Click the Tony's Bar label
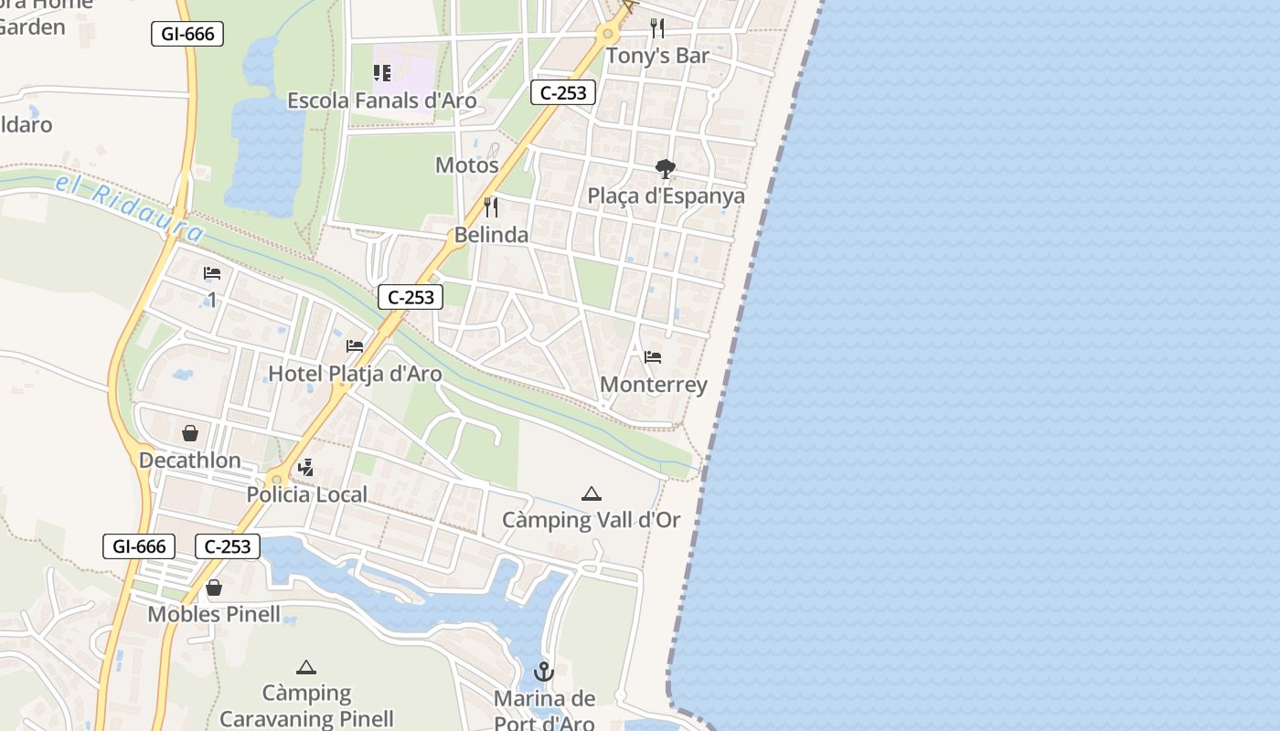click(658, 56)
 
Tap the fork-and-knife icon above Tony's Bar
click(656, 27)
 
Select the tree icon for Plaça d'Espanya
click(666, 168)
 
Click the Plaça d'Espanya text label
click(666, 196)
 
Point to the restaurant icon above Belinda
click(491, 207)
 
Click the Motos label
click(466, 165)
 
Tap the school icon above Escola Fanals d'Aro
click(382, 73)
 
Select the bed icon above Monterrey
click(653, 356)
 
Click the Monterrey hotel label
click(654, 385)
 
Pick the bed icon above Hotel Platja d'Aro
click(355, 346)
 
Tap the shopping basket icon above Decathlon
click(190, 433)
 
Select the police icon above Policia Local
click(306, 468)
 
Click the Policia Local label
click(307, 495)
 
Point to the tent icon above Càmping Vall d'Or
click(592, 494)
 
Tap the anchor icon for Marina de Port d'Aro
click(544, 673)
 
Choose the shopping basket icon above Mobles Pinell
click(214, 588)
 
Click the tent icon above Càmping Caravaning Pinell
click(306, 668)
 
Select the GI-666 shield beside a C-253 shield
click(139, 546)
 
